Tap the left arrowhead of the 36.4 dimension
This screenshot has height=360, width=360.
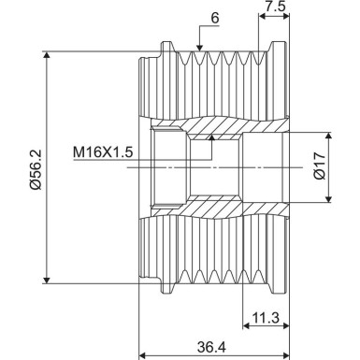[x=142, y=356]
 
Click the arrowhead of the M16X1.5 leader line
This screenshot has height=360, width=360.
[x=212, y=137]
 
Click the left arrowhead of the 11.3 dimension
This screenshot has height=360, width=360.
[x=245, y=330]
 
